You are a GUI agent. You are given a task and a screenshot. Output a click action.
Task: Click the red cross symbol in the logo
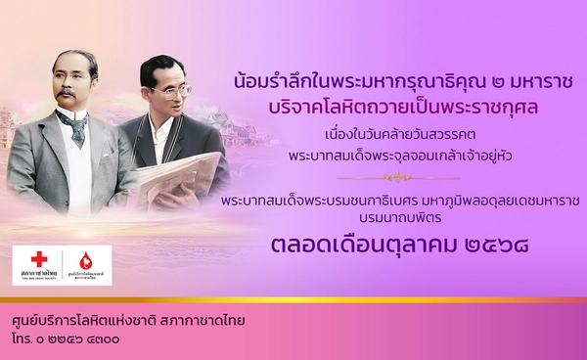(x=39, y=259)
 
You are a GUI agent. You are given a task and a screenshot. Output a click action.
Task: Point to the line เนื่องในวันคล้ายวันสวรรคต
(x=389, y=133)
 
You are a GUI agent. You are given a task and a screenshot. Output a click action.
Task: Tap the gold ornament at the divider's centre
(x=389, y=179)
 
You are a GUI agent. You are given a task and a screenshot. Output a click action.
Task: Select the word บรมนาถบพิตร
(x=389, y=219)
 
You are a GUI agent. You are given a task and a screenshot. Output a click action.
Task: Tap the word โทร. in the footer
(x=23, y=339)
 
